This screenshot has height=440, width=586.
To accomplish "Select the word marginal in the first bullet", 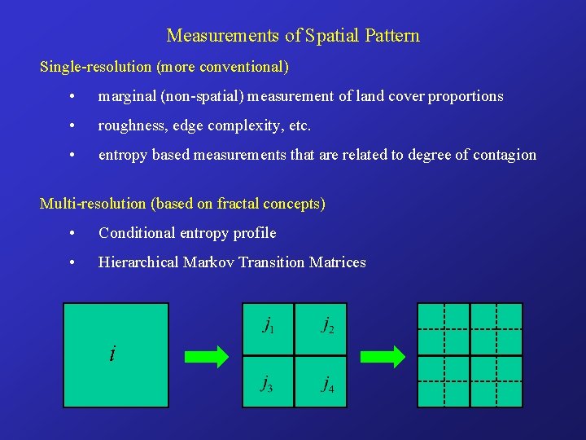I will point(128,96).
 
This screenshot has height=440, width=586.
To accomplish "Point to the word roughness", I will point(130,125).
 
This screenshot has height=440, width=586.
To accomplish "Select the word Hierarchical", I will point(139,262).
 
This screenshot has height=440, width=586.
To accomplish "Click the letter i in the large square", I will point(112,354).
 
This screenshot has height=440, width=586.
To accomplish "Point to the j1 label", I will point(268,326).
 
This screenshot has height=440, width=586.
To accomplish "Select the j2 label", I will point(327,326).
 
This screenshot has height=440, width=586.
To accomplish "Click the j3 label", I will point(267,383).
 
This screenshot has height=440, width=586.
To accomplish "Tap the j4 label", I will point(327,383).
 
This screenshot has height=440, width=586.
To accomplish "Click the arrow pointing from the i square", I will point(207,356).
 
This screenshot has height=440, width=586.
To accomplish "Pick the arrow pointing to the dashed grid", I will point(383,356).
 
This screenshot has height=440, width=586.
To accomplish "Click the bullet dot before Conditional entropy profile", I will point(73,234).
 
